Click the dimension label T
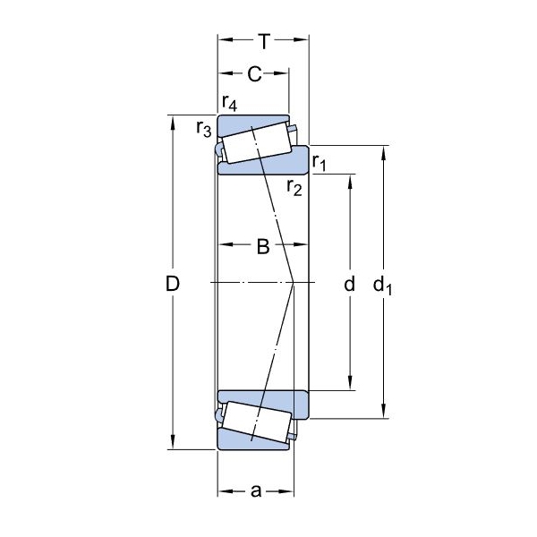[x=264, y=41]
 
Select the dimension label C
[x=254, y=73]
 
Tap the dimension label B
[x=263, y=246]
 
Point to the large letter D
[x=173, y=284]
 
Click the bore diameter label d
[x=349, y=284]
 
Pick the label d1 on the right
[x=382, y=286]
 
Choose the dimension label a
[x=256, y=491]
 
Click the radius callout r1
[x=320, y=163]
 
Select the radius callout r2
[x=294, y=188]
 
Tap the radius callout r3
[x=204, y=129]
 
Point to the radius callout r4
[x=229, y=103]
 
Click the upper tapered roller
[x=257, y=143]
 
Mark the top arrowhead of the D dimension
[x=173, y=123]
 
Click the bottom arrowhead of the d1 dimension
[x=384, y=411]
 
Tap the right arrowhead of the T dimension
[x=302, y=39]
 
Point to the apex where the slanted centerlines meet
[x=294, y=282]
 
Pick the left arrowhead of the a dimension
[x=226, y=491]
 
